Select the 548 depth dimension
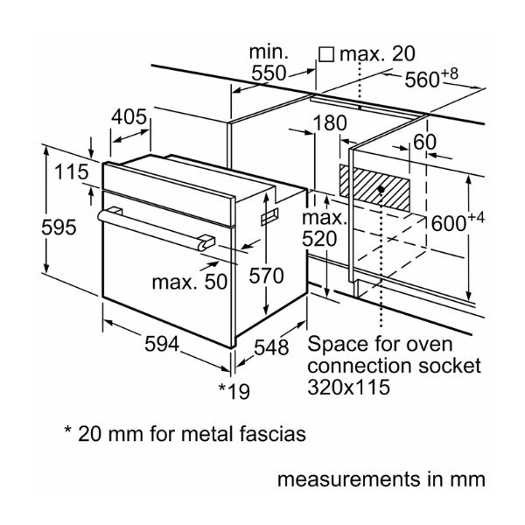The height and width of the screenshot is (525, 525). pyautogui.click(x=271, y=347)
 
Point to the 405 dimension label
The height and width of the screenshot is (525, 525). pyautogui.click(x=129, y=116)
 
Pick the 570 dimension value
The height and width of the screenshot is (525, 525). pyautogui.click(x=265, y=276)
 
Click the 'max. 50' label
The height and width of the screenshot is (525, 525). pyautogui.click(x=189, y=283)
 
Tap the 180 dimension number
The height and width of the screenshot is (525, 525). pyautogui.click(x=329, y=124)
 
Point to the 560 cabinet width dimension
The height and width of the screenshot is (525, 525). pyautogui.click(x=431, y=79)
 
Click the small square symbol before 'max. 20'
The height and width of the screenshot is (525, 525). pyautogui.click(x=327, y=54)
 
